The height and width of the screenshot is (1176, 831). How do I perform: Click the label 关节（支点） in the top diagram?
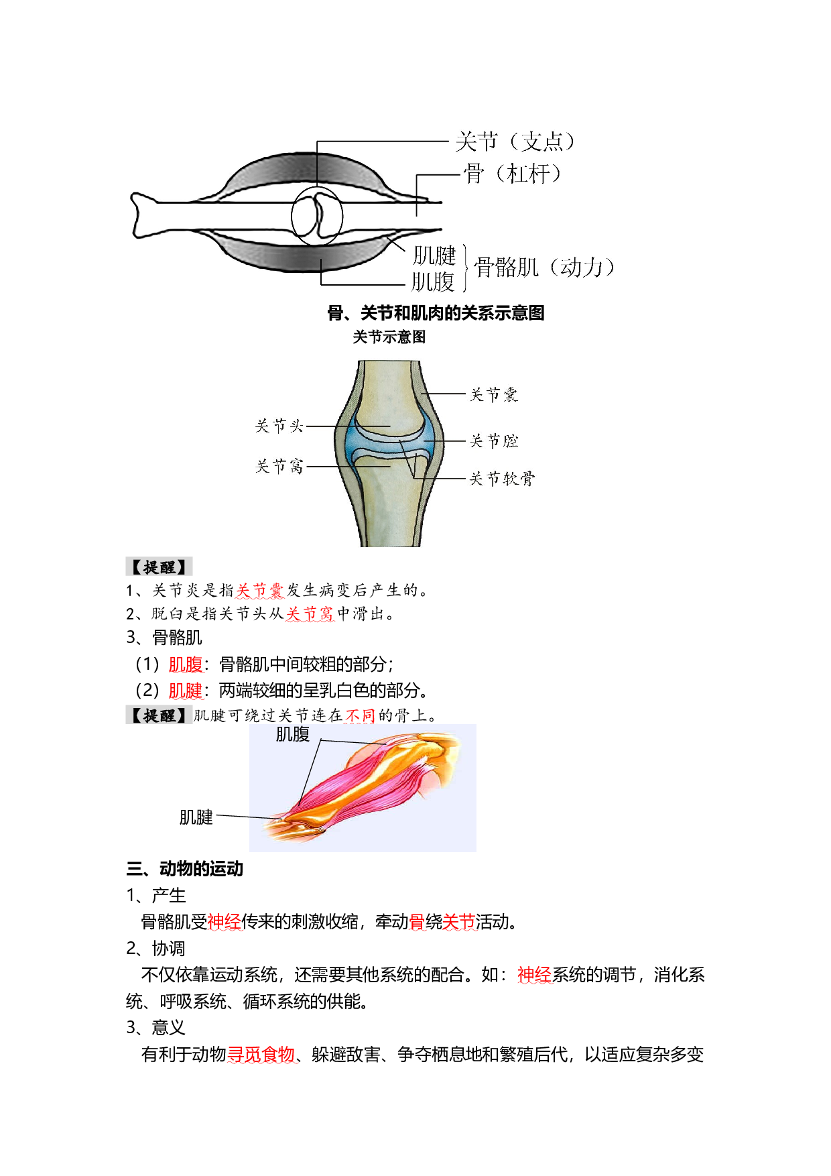(515, 141)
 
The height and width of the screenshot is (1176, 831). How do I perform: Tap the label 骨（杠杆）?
(512, 174)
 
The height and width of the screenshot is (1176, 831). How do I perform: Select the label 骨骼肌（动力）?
(544, 268)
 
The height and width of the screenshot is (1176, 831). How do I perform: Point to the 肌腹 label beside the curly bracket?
(433, 282)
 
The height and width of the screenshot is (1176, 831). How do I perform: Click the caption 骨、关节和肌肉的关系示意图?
(436, 313)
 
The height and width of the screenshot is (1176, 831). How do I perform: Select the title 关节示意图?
(389, 337)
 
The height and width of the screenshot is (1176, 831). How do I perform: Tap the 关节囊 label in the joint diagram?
(494, 394)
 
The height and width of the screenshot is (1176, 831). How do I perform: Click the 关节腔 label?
(494, 440)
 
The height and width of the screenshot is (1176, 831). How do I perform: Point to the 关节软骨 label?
(502, 478)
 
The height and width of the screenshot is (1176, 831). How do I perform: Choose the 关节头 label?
(279, 426)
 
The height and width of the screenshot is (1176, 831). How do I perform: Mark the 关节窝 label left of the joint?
(279, 466)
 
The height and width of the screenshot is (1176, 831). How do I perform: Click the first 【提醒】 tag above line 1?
(159, 567)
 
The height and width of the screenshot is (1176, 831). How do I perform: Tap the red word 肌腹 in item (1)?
(185, 664)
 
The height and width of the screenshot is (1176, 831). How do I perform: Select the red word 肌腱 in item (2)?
(185, 690)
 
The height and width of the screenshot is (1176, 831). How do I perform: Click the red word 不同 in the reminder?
(360, 715)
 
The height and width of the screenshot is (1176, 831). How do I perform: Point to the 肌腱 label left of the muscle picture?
(196, 817)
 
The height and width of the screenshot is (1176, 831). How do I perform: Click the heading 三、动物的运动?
(184, 869)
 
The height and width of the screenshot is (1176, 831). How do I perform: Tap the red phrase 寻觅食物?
(261, 1055)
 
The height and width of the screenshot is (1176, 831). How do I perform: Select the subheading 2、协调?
(155, 948)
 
